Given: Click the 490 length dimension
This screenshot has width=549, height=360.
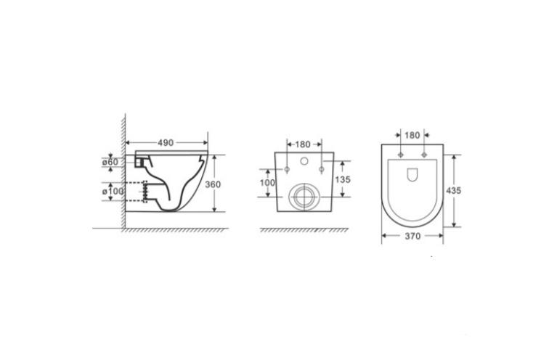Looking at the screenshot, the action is coord(166,143).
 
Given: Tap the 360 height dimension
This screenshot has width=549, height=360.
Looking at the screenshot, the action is coord(213,184).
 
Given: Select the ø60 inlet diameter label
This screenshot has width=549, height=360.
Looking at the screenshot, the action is coord(110,163).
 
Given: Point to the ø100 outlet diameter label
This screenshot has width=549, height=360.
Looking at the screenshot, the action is coord(113,192).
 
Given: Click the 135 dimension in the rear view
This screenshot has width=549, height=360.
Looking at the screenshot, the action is coord(343,179).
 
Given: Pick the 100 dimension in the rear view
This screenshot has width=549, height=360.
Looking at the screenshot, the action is coord(267,183).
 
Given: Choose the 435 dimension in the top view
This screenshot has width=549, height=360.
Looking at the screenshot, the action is coord(453,191).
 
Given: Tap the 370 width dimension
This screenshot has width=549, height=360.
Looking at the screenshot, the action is coord(412,236).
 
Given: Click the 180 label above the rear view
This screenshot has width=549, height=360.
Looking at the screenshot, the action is coord(303,144).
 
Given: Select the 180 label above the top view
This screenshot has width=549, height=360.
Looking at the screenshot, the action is coord(412,135).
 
